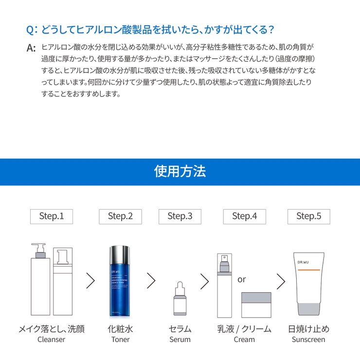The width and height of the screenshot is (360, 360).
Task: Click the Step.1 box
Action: point(52,216)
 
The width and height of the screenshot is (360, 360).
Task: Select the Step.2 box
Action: point(120,216)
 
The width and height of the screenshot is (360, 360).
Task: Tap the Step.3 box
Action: point(180,216)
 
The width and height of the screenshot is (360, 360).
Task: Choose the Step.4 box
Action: point(244,216)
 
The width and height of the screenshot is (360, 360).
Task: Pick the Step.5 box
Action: point(308,216)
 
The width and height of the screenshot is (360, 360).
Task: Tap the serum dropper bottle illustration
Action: point(180,299)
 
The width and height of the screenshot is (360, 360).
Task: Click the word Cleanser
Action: point(51,340)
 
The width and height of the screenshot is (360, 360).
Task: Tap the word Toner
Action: point(120,340)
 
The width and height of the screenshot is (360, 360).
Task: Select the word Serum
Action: point(180,340)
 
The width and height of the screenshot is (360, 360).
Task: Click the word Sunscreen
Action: point(308,340)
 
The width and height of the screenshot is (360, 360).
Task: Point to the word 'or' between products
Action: point(242,280)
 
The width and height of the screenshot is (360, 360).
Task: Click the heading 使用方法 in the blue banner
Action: point(180,171)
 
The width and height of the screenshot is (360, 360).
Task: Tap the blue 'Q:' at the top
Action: point(32,30)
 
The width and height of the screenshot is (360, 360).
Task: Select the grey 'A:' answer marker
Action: point(32,48)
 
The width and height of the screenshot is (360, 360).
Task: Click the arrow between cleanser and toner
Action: point(90,281)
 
